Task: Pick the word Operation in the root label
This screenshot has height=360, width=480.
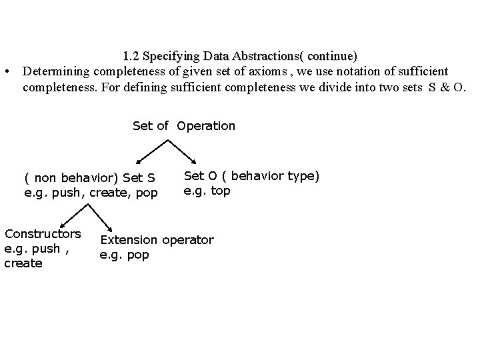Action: (206, 125)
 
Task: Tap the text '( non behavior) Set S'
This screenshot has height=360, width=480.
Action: (90, 178)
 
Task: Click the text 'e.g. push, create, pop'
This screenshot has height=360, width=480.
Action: (91, 193)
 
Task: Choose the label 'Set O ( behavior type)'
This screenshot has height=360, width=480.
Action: (251, 175)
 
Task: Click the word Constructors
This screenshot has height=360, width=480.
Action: (43, 233)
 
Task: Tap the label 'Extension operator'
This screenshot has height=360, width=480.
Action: (157, 239)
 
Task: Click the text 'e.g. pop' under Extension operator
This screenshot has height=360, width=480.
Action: (125, 255)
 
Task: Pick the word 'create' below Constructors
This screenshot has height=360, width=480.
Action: (23, 263)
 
